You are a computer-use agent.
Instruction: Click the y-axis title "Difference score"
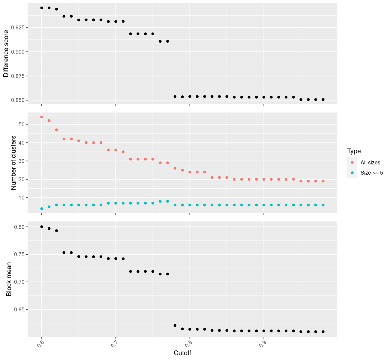(x=6, y=54)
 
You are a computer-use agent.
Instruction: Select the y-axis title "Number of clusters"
(x=13, y=163)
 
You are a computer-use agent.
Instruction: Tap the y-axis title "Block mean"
(x=9, y=279)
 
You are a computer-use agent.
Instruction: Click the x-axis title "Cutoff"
(x=182, y=353)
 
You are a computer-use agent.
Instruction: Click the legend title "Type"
(x=354, y=151)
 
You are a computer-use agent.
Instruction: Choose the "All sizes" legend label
(x=370, y=163)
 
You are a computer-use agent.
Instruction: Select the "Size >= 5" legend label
(x=372, y=173)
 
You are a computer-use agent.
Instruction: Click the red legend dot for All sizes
(x=352, y=162)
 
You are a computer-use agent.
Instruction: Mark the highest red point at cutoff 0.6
(x=42, y=117)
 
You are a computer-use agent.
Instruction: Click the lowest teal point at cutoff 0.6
(x=42, y=208)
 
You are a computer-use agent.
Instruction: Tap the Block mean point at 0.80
(x=42, y=227)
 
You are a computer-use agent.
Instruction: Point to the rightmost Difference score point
(x=323, y=100)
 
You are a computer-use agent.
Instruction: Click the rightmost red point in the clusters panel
(x=323, y=181)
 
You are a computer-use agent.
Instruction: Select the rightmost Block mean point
(x=323, y=331)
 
